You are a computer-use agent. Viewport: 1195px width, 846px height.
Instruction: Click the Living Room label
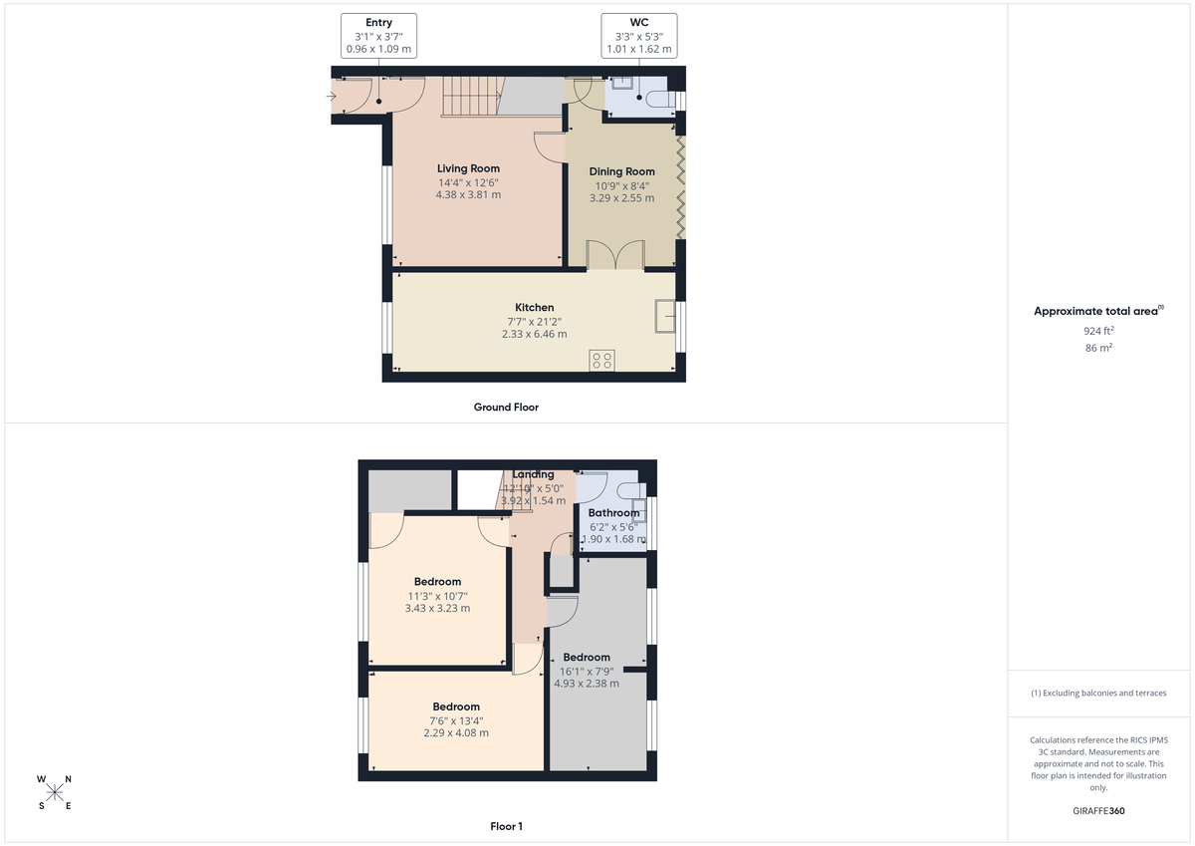click(x=468, y=168)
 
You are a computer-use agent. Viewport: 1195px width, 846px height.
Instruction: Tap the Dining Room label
click(x=621, y=171)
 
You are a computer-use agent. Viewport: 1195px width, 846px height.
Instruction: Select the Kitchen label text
click(x=534, y=307)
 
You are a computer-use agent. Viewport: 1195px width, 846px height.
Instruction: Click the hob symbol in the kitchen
click(x=601, y=360)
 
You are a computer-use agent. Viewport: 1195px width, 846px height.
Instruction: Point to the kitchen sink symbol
click(x=664, y=316)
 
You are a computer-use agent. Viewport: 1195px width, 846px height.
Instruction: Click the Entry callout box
click(x=378, y=35)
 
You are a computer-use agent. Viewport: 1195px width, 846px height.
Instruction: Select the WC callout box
click(x=639, y=35)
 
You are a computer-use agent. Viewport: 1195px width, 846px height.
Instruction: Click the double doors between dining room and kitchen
click(x=614, y=255)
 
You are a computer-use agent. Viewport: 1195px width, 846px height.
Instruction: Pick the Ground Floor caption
click(x=506, y=407)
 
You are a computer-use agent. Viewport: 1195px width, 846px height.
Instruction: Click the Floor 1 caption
click(x=506, y=826)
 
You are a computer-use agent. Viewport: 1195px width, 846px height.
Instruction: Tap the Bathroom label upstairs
click(x=613, y=513)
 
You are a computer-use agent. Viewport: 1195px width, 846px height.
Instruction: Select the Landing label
click(x=533, y=474)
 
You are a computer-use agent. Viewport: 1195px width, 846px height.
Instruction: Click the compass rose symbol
click(x=55, y=792)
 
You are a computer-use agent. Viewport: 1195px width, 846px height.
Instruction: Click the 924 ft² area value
click(x=1098, y=330)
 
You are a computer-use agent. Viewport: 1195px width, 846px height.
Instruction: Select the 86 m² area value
click(x=1098, y=348)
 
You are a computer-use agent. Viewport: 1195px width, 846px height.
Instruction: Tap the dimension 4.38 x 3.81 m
click(x=468, y=195)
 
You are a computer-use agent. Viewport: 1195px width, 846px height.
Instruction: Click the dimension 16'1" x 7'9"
click(x=586, y=671)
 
